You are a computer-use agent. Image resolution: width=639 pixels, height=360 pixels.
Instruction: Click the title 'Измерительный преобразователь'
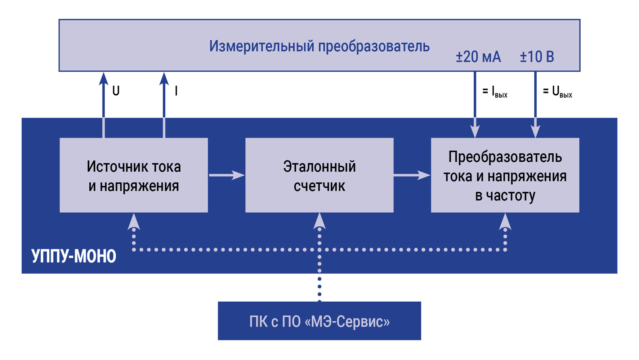[x=319, y=46]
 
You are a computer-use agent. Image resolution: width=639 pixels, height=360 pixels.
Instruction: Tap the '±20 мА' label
[x=478, y=57]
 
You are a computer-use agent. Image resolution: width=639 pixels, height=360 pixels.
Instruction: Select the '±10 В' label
[x=537, y=57]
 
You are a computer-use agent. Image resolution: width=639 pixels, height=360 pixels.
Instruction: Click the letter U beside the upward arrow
[x=116, y=91]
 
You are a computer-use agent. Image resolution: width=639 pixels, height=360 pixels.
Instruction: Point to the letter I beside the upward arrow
[x=176, y=91]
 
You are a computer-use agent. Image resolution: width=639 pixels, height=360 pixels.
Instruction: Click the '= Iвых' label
[x=495, y=92]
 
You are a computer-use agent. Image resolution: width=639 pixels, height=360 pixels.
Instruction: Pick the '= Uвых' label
[x=557, y=92]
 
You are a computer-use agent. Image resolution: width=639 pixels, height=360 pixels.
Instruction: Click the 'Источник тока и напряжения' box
[x=134, y=176]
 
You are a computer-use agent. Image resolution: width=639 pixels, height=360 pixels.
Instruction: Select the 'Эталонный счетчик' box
[x=319, y=176]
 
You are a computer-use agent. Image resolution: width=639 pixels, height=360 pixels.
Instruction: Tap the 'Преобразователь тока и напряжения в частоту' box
[x=505, y=176]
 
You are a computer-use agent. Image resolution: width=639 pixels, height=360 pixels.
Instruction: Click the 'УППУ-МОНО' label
[x=74, y=256]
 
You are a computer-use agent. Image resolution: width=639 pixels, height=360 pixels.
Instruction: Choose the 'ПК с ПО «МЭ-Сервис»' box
[x=319, y=321]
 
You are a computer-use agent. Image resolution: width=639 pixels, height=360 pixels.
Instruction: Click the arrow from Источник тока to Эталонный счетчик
[x=227, y=175]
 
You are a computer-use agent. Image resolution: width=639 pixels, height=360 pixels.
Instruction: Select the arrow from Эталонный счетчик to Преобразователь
[x=412, y=175]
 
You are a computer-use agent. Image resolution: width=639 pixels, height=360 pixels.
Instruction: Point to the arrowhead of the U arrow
[x=104, y=78]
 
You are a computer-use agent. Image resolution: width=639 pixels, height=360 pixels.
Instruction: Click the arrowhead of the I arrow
[x=164, y=78]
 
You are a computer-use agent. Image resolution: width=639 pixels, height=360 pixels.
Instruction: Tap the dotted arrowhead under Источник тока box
[x=134, y=222]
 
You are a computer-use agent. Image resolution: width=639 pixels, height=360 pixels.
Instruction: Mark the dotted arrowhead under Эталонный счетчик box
[x=319, y=221]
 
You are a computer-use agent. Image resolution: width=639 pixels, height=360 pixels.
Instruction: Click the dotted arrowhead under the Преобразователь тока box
[x=505, y=222]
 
